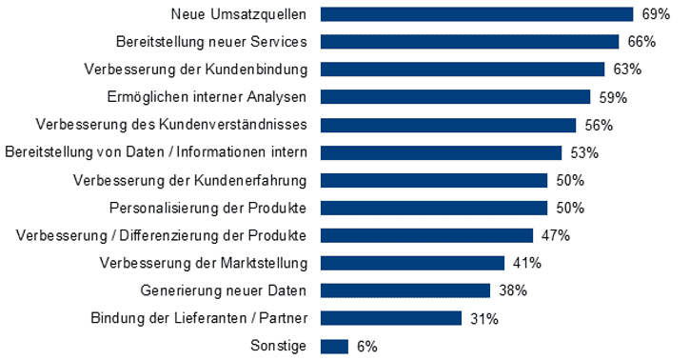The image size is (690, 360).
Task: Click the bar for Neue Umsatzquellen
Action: coord(476,14)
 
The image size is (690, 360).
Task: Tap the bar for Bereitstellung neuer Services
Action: coord(469,42)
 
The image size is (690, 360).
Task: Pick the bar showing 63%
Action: coord(463,70)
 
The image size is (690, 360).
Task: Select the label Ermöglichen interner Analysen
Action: coord(207,97)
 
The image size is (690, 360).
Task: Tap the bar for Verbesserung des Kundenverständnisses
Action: coord(448,125)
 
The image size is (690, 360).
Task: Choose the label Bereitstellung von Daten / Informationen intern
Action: coord(156,152)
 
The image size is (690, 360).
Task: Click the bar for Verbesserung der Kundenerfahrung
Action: coord(434,180)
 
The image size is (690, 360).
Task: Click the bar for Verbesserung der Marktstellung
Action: coord(412,263)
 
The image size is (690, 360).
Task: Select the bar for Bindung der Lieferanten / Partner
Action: coord(391,318)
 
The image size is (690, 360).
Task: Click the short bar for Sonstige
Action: coord(335,346)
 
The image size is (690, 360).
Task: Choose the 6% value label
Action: coord(367,346)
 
